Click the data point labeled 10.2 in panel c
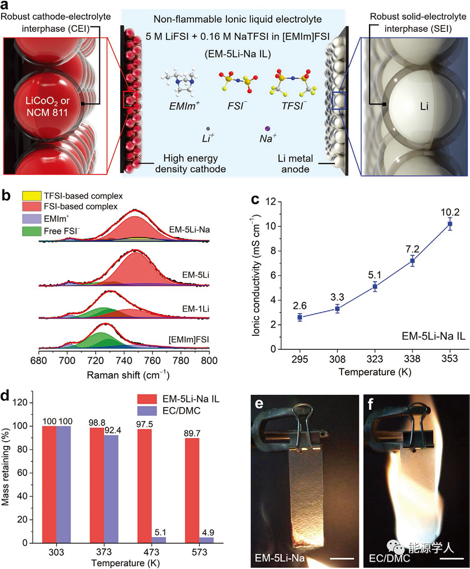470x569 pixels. point(449,224)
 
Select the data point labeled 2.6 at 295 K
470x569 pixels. point(300,317)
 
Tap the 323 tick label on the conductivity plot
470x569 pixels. point(375,359)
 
